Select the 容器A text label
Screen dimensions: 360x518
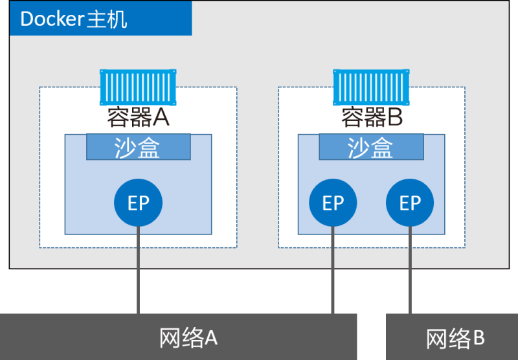(x=138, y=118)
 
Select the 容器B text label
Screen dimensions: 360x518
(x=372, y=118)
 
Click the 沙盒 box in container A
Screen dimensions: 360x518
(x=139, y=147)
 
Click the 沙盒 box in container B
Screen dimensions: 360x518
(x=371, y=147)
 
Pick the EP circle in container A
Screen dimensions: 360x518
(x=138, y=203)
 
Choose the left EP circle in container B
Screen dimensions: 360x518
(x=333, y=203)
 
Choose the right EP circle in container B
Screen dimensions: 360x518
(x=410, y=203)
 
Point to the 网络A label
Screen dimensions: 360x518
(x=188, y=337)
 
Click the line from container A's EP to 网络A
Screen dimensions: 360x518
(x=138, y=272)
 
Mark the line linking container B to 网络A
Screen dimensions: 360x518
(x=333, y=272)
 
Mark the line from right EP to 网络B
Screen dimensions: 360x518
(x=410, y=272)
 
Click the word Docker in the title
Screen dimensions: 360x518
(x=52, y=19)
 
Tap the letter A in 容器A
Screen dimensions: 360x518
(x=160, y=118)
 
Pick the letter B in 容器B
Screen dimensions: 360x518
(x=395, y=118)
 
